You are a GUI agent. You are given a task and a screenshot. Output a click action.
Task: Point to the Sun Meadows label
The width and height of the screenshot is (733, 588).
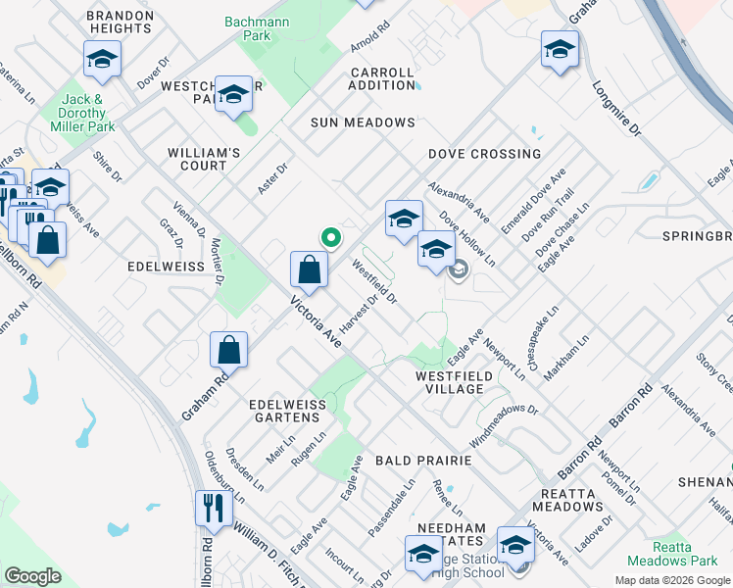pyautogui.click(x=363, y=122)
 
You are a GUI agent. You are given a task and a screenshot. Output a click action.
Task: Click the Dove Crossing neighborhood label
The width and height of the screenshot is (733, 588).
pyautogui.click(x=484, y=154)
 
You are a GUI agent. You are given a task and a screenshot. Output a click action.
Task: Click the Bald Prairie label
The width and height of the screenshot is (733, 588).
pyautogui.click(x=424, y=460)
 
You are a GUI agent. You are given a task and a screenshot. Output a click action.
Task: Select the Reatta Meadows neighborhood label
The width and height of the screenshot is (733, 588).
pyautogui.click(x=567, y=500)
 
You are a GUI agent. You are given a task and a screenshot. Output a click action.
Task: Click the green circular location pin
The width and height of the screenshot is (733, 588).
pyautogui.click(x=331, y=236)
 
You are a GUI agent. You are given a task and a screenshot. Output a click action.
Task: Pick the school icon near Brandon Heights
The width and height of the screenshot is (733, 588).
pyautogui.click(x=102, y=60)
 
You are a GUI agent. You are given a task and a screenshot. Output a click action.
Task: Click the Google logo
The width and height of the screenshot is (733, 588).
pyautogui.click(x=33, y=576)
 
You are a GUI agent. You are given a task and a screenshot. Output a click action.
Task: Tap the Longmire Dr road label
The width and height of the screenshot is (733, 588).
pyautogui.click(x=616, y=108)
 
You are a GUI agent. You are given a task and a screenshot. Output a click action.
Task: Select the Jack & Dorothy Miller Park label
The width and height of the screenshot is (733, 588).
pyautogui.click(x=88, y=113)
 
